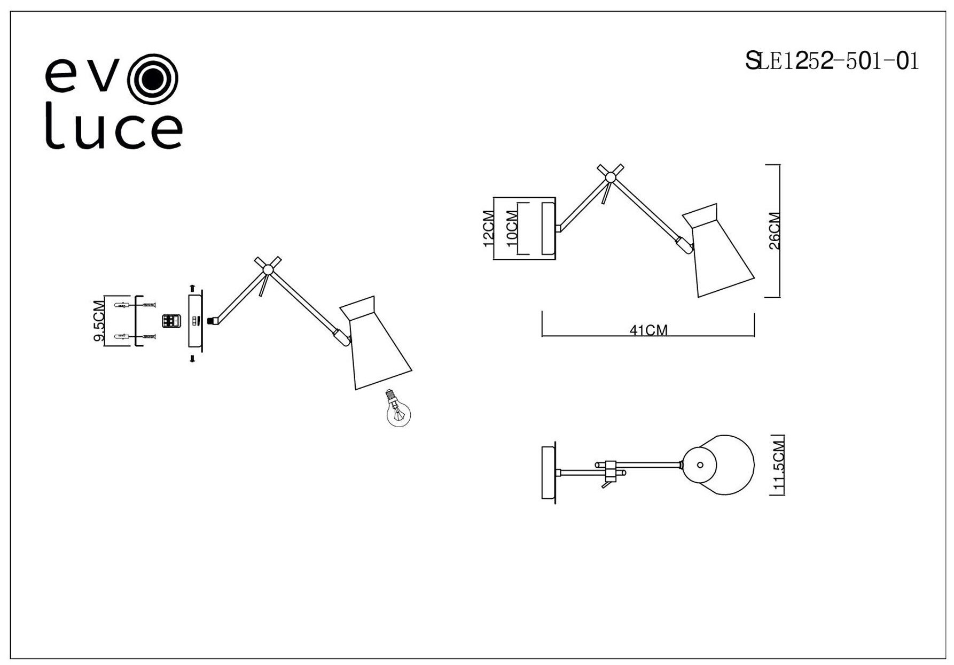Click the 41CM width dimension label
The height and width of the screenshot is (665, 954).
coord(648,330)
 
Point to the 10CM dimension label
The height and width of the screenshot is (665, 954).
coord(512,228)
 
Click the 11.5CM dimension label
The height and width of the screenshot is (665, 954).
coord(779,465)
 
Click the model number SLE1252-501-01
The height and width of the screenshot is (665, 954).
coord(832,61)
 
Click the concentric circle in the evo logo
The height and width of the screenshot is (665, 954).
coord(153,80)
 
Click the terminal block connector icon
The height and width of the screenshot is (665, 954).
coord(170,321)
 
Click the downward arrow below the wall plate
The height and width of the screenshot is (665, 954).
coord(192,358)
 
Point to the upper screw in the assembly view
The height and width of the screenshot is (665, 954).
coord(149,305)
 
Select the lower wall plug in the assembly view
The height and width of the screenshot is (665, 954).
coord(122,337)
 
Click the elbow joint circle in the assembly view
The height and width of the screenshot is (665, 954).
coord(268,270)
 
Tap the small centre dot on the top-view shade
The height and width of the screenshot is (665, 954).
coord(700,465)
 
